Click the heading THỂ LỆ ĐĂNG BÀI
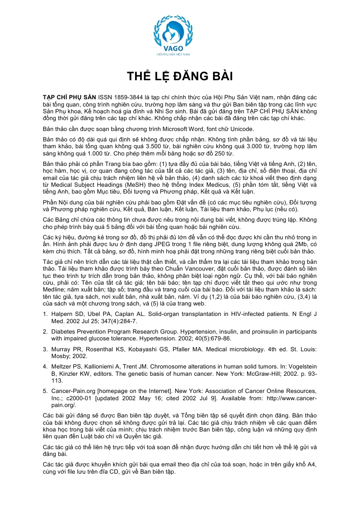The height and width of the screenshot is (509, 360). tap(180, 76)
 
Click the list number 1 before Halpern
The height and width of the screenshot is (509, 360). tap(45, 314)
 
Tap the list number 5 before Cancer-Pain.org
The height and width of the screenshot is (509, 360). tap(45, 390)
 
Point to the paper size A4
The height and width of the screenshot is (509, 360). tap(312, 465)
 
